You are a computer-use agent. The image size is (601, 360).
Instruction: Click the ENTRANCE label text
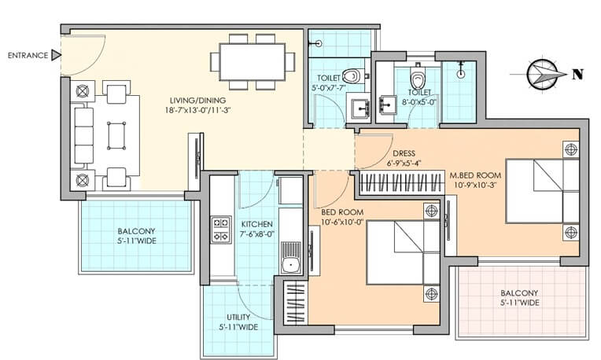tap(27, 55)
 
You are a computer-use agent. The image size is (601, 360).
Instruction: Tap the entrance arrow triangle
tap(55, 55)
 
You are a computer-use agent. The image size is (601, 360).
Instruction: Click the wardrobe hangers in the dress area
tap(400, 184)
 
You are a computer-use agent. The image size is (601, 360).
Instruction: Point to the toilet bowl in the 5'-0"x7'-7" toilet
tap(351, 76)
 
